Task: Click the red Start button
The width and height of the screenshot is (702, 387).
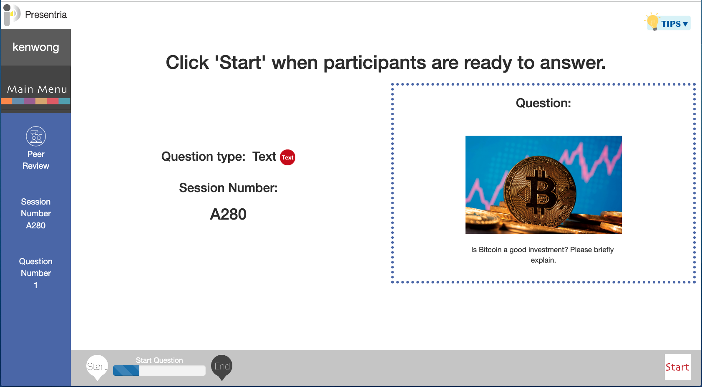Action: click(x=677, y=367)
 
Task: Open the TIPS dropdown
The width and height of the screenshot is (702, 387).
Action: click(x=674, y=24)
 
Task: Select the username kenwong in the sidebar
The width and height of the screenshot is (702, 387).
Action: click(x=36, y=47)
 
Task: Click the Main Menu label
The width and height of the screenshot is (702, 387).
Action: click(x=37, y=89)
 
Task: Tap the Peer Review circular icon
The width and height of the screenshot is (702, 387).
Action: click(x=36, y=136)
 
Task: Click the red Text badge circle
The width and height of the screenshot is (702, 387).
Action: click(x=287, y=157)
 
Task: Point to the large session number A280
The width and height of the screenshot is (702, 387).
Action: click(x=228, y=214)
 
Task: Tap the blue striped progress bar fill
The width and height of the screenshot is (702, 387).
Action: click(x=126, y=371)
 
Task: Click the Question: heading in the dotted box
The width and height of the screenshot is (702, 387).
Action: click(x=543, y=103)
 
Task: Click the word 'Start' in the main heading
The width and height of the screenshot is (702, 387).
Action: click(x=240, y=62)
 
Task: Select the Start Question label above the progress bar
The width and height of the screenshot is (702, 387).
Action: click(x=159, y=360)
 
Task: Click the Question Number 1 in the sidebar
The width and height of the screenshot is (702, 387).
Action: click(x=36, y=273)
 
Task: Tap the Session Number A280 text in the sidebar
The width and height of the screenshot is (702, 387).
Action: click(x=36, y=214)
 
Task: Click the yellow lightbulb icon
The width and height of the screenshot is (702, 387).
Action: click(x=652, y=21)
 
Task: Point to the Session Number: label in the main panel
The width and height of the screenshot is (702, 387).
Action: click(x=228, y=188)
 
